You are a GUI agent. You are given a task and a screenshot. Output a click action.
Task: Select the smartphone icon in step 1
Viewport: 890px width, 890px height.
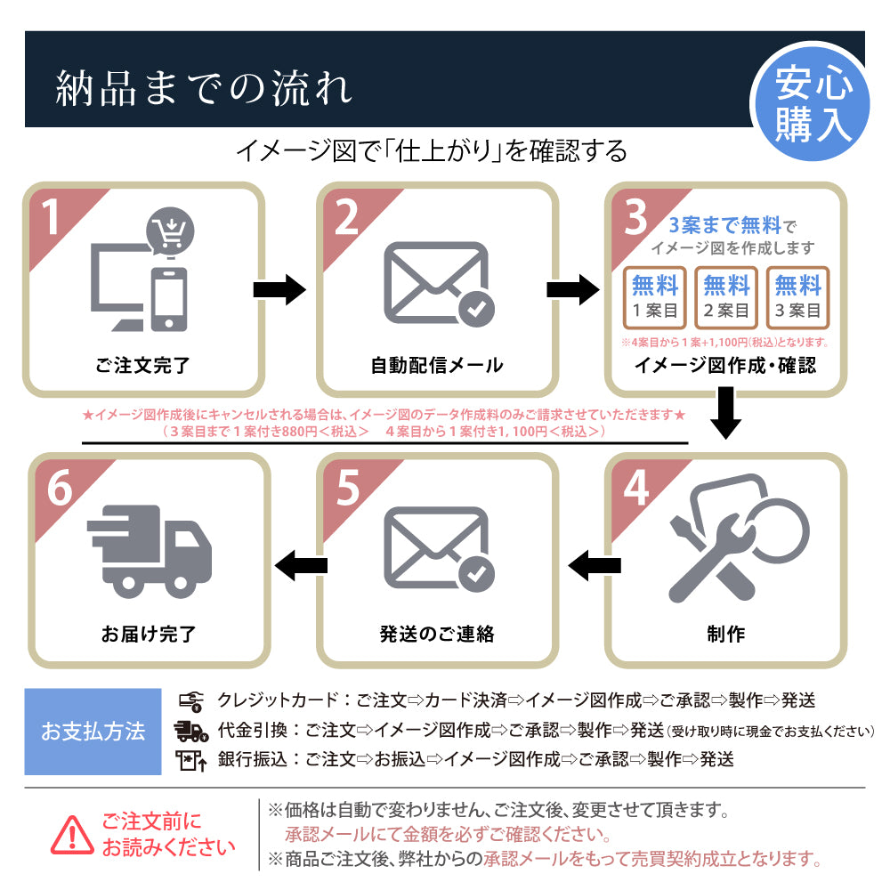(169, 298)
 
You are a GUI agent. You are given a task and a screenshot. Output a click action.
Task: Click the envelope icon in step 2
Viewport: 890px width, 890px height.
(436, 284)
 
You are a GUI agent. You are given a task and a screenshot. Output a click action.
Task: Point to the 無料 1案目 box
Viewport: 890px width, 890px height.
(655, 296)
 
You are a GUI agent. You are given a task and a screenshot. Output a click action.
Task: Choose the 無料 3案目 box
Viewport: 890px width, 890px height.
(797, 296)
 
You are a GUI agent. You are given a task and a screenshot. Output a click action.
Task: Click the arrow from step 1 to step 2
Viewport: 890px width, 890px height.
(279, 290)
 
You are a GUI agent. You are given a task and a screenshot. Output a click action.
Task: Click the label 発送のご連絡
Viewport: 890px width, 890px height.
(436, 634)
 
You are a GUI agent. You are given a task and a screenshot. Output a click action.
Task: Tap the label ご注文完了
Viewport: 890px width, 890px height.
(142, 365)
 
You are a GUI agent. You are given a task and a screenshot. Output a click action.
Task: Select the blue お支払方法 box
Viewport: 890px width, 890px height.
(93, 732)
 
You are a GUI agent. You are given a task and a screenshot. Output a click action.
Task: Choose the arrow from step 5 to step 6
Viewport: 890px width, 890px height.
(302, 562)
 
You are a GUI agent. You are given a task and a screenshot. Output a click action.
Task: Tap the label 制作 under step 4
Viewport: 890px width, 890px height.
(726, 634)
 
